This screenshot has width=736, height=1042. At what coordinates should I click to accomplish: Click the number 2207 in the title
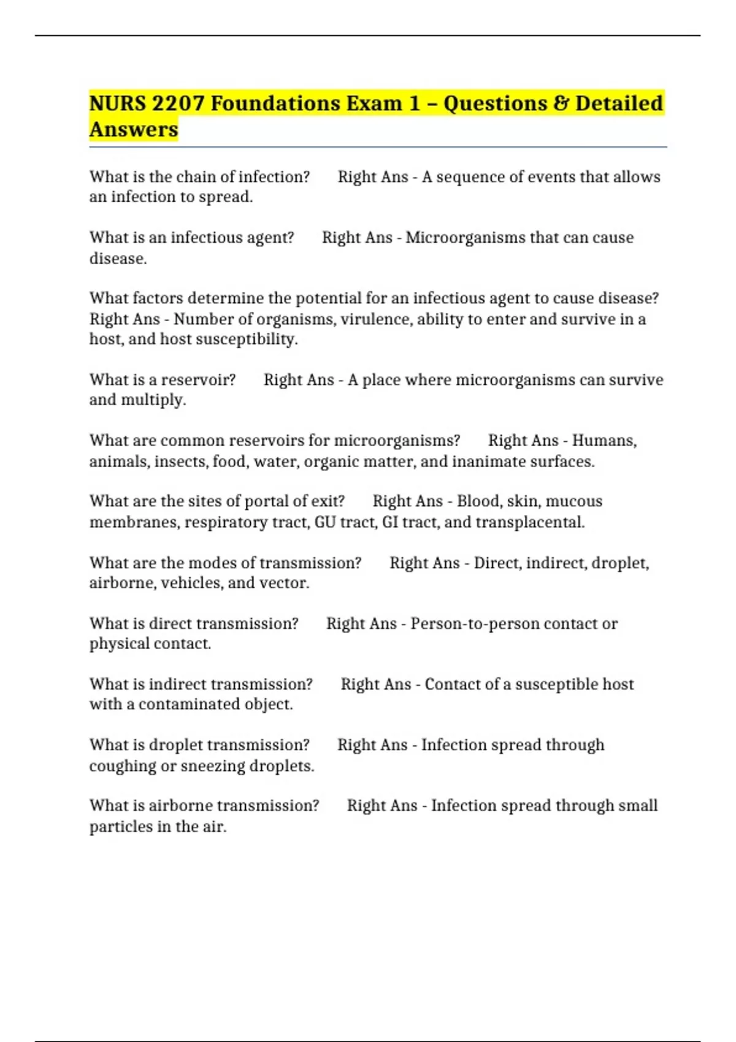[x=178, y=104]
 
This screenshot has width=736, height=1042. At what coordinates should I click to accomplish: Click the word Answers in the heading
[x=134, y=130]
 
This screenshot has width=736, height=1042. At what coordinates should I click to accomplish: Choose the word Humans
[x=604, y=441]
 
